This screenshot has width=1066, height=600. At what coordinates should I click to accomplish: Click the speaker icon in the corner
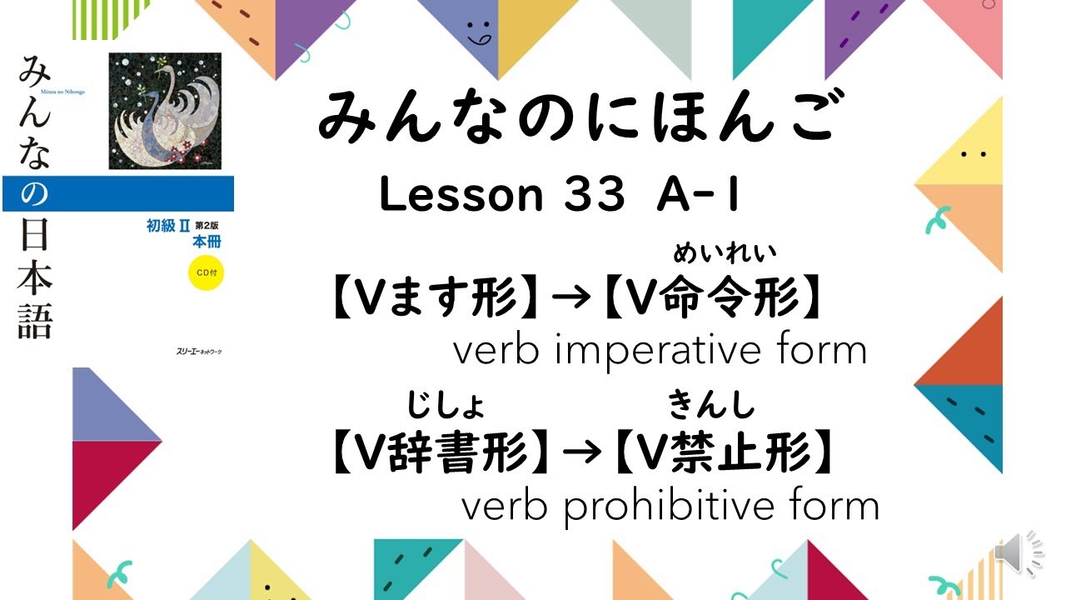click(1019, 553)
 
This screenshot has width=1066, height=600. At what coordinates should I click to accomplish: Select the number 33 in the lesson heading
click(594, 195)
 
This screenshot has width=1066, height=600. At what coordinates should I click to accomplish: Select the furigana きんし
click(712, 406)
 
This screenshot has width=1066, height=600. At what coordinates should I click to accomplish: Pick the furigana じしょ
click(446, 406)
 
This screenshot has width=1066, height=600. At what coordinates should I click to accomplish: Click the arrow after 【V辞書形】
click(583, 454)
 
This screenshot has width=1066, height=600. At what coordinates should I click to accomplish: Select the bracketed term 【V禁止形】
click(725, 454)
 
